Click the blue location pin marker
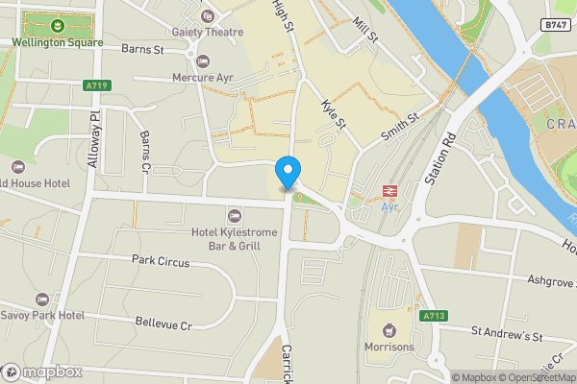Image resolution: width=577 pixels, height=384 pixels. pos(287,172)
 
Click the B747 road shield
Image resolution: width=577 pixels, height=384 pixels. pos(552,25)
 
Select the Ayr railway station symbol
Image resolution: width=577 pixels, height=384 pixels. pos(390,191)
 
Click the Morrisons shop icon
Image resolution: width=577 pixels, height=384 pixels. pos(389,328)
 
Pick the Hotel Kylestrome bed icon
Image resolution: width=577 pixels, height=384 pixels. pos(234,214)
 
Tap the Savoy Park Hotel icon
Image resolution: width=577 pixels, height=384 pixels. pos(41,299)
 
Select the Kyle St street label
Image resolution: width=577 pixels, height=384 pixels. pos(333,118)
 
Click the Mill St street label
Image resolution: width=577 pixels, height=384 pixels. pos(366,36)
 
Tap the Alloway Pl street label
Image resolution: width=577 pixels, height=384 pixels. pos(94,141)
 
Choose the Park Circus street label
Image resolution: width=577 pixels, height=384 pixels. pos(161,261)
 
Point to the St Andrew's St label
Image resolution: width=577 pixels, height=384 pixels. pos(507,337)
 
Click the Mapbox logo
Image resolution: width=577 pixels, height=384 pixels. pos(40,372)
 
